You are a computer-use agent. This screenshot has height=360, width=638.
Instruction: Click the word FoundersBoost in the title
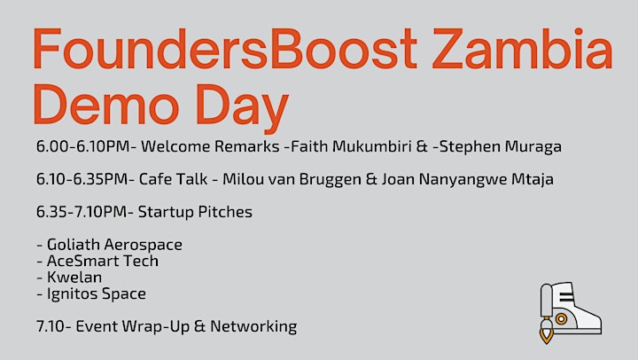pyautogui.click(x=225, y=48)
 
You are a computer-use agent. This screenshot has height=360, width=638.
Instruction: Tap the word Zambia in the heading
pyautogui.click(x=523, y=48)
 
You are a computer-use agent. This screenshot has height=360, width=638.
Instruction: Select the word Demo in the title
pyautogui.click(x=106, y=104)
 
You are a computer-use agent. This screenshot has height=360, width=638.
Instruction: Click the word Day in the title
pyautogui.click(x=243, y=109)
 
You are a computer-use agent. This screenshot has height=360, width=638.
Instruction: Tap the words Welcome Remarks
pyautogui.click(x=210, y=146)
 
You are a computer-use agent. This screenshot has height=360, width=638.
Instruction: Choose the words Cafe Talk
pyautogui.click(x=173, y=179)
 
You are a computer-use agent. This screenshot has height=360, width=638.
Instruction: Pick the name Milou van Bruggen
pyautogui.click(x=292, y=179)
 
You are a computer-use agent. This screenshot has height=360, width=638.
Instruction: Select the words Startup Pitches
pyautogui.click(x=195, y=212)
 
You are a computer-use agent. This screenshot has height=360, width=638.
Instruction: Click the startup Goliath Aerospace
pyautogui.click(x=114, y=245)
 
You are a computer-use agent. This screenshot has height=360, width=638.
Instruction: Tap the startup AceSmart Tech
pyautogui.click(x=103, y=261)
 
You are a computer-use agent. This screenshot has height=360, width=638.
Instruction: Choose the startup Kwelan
pyautogui.click(x=74, y=277)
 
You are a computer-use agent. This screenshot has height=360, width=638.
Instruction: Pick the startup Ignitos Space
pyautogui.click(x=97, y=293)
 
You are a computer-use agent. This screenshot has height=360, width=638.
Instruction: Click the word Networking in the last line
pyautogui.click(x=253, y=326)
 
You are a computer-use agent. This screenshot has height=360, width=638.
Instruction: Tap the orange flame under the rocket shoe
pyautogui.click(x=547, y=335)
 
